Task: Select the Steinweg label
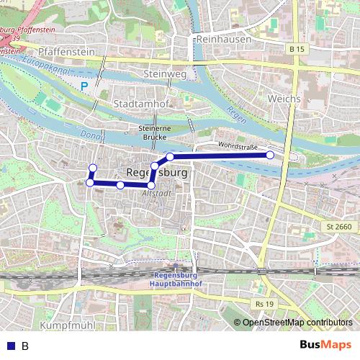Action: point(165,74)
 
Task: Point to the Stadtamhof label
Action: point(142,104)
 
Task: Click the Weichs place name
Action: point(283,97)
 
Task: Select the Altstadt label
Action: point(158,193)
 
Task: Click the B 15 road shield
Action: point(295,49)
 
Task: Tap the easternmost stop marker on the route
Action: point(270,155)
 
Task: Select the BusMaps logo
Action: point(326,345)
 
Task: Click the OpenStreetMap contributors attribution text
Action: point(297,323)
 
